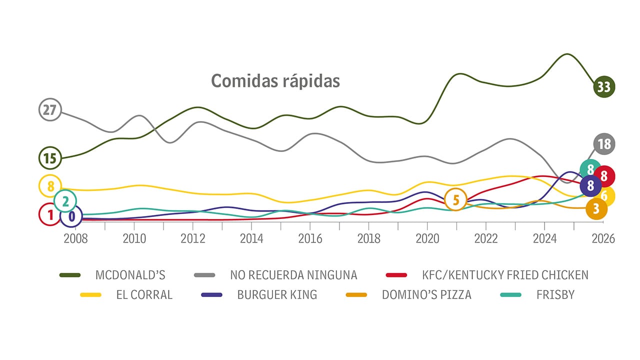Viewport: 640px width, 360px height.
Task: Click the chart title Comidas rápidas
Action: [275, 80]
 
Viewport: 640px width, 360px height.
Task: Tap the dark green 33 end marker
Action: [603, 87]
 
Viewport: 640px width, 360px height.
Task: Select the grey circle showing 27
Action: [49, 110]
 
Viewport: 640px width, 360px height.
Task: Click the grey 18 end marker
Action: [604, 144]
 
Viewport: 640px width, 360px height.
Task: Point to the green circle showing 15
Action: [49, 158]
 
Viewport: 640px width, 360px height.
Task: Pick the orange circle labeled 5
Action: [455, 200]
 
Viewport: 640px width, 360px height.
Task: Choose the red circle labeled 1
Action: [49, 215]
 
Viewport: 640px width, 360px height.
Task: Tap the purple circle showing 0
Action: [71, 216]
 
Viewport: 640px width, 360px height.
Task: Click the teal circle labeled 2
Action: [65, 201]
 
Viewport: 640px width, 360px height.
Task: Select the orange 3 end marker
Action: [596, 208]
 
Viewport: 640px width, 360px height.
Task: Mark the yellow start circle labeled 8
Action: [50, 186]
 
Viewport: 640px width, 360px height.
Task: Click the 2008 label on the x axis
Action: [75, 238]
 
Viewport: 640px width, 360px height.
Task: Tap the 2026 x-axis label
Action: [603, 238]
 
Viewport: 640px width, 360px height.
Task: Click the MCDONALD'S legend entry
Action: [130, 275]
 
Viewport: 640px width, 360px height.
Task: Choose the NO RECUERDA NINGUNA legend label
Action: [293, 275]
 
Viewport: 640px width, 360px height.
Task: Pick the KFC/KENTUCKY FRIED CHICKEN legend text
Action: [505, 275]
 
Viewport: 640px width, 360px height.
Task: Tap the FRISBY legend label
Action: [555, 295]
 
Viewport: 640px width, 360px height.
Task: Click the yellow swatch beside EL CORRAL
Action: [91, 295]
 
